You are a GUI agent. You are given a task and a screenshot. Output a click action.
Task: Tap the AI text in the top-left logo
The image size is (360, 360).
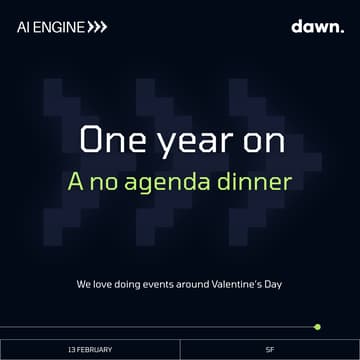[x=24, y=27]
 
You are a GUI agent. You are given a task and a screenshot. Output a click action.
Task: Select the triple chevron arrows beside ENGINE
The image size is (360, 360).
[x=95, y=27]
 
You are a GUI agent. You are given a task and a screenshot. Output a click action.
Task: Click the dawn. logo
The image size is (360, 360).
[x=316, y=26]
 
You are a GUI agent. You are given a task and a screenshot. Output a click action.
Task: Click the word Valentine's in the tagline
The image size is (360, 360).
[x=240, y=284]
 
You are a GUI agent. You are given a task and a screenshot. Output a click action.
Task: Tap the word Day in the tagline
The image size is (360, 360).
[x=274, y=284]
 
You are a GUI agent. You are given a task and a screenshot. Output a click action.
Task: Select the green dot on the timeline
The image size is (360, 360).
[x=317, y=326]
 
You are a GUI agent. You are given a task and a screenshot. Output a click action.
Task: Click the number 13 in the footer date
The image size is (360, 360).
[x=72, y=349]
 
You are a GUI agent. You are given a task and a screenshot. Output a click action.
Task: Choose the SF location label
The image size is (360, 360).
[x=270, y=349]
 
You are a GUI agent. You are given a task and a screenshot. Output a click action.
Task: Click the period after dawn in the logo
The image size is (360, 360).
[x=339, y=30]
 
